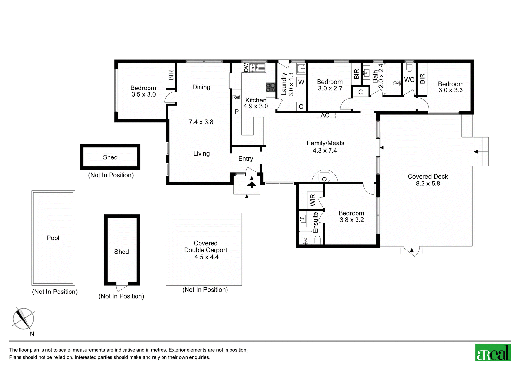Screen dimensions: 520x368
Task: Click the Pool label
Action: point(53,238)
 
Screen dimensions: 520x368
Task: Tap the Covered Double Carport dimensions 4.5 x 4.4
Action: point(206,257)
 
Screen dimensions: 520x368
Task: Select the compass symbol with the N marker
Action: point(23,319)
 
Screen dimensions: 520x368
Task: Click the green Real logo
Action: point(493,352)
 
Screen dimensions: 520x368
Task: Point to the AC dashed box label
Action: point(325,115)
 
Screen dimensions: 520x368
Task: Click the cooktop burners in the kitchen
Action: point(271,88)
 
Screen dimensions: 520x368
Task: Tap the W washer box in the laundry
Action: point(301,82)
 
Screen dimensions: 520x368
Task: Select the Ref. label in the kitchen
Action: point(237,97)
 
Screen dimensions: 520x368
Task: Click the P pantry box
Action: point(237,112)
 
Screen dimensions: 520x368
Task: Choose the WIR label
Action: point(313,200)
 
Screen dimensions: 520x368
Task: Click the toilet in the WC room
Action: point(409,67)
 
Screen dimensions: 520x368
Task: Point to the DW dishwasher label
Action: point(246,67)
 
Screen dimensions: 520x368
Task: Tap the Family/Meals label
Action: point(325,143)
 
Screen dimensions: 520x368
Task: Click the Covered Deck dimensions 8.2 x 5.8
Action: point(428,184)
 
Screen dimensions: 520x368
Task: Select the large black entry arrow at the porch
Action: point(252,184)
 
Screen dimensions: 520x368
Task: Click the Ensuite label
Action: point(315,222)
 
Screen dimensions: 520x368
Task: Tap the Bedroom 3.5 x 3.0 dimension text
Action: point(143,94)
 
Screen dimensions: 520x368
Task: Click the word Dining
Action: point(201,87)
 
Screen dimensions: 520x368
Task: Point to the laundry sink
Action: point(301,69)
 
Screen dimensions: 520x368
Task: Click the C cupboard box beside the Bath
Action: point(360,92)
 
